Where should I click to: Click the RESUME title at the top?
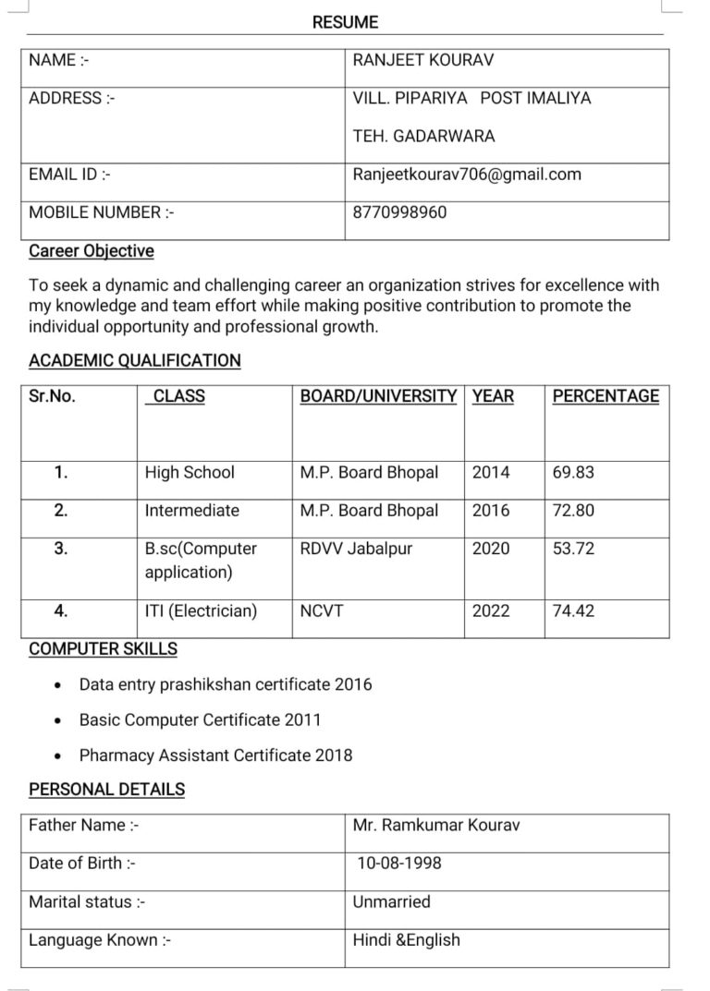tap(345, 22)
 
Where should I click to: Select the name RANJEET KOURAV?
tap(422, 61)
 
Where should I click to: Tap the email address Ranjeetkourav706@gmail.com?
tap(467, 175)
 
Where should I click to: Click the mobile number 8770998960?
tap(399, 212)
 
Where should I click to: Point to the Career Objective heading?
tap(92, 251)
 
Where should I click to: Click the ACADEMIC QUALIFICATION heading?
tap(135, 361)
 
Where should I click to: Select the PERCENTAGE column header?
tap(606, 397)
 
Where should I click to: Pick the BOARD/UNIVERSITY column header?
tap(378, 397)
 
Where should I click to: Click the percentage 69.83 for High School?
tap(573, 473)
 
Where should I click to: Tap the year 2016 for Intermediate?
tap(491, 511)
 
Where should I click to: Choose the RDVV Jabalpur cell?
tap(356, 549)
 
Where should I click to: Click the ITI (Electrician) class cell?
tap(201, 611)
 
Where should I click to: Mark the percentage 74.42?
tap(573, 611)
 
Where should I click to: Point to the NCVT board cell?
tap(321, 611)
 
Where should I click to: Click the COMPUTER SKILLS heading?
tap(103, 649)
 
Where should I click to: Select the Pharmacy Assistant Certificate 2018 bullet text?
tap(215, 755)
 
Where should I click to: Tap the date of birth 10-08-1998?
tap(399, 864)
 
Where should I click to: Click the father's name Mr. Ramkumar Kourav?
tap(435, 826)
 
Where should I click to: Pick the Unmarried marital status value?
tap(391, 902)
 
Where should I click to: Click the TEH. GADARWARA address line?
tap(423, 137)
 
